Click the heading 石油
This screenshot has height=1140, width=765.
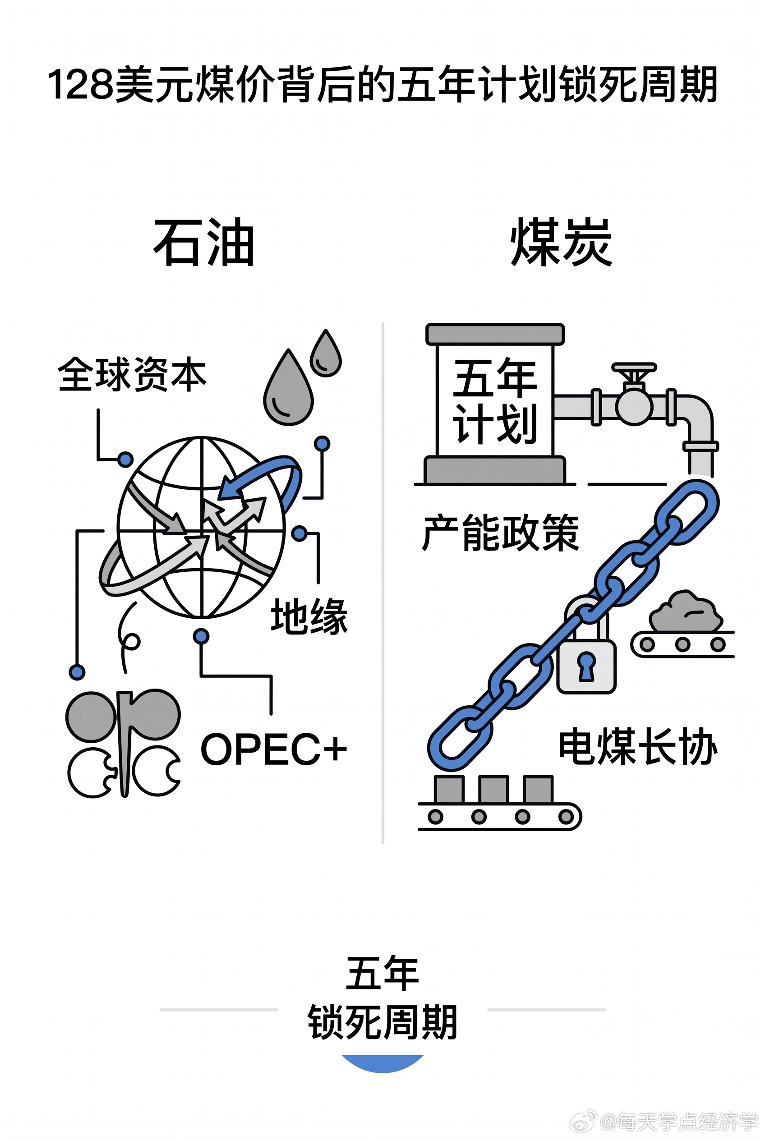(204, 243)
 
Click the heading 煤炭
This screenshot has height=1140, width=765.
(561, 243)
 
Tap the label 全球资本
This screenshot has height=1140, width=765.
(132, 374)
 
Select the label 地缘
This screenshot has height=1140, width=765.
(309, 616)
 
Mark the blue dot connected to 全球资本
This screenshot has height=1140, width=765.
(126, 460)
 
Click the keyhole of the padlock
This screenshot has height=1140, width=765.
(586, 666)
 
